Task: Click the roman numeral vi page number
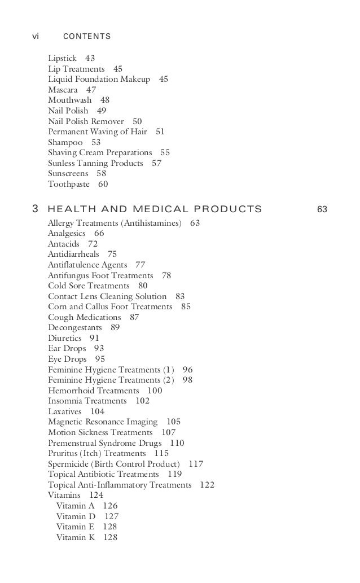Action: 35,37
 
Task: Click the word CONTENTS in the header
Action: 87,37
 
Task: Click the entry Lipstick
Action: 62,58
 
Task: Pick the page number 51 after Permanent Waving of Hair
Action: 160,131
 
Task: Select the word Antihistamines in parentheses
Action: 154,223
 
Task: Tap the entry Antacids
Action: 64,244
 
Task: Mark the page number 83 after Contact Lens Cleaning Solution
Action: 180,296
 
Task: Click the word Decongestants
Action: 75,327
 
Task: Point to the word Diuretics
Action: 64,338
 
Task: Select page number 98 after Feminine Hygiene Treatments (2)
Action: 187,380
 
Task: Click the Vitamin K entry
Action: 76,537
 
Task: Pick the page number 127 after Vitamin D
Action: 111,516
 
